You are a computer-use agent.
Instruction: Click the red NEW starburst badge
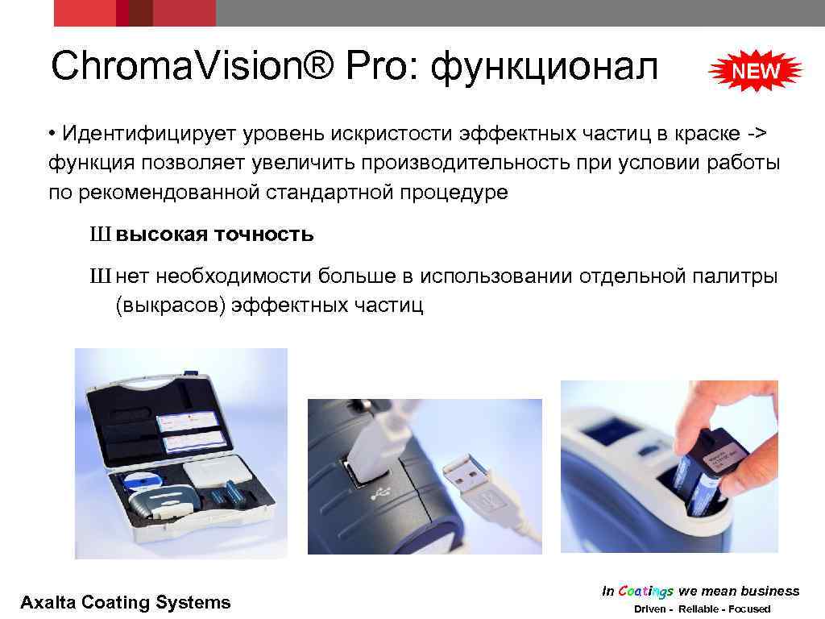756,71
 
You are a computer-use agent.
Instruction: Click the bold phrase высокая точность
214,235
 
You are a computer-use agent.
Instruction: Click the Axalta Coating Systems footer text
125,602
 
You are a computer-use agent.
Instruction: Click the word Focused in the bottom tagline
748,609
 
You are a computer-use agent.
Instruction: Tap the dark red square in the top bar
141,13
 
